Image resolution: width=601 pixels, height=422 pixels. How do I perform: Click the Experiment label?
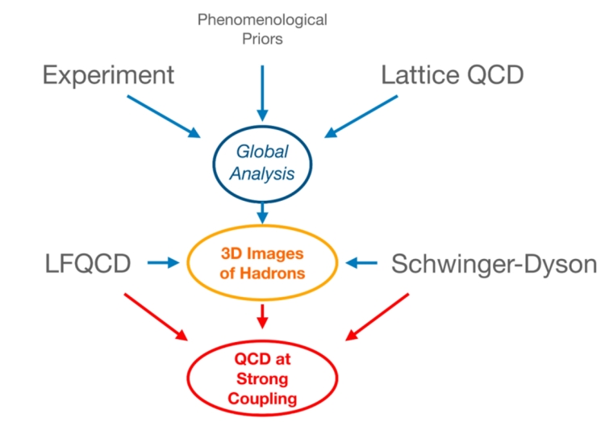pyautogui.click(x=108, y=75)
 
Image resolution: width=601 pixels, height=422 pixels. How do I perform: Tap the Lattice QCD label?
pyautogui.click(x=453, y=75)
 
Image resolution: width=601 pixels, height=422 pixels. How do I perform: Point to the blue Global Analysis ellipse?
pyautogui.click(x=262, y=161)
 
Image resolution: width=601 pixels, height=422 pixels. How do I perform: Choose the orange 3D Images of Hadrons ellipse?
pyautogui.click(x=263, y=262)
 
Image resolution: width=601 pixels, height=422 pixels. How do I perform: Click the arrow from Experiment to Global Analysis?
pyautogui.click(x=161, y=115)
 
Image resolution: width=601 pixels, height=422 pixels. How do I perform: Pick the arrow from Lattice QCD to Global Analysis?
pyautogui.click(x=363, y=115)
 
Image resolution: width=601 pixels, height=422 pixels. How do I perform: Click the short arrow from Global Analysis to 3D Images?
pyautogui.click(x=262, y=214)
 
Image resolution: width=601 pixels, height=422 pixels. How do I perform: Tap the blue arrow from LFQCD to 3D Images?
pyautogui.click(x=164, y=262)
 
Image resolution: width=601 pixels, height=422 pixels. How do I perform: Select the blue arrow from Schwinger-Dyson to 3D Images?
pyautogui.click(x=361, y=262)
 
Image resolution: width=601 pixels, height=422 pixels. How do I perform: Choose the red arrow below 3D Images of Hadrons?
pyautogui.click(x=262, y=315)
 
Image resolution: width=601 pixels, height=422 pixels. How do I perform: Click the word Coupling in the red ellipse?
pyautogui.click(x=261, y=397)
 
